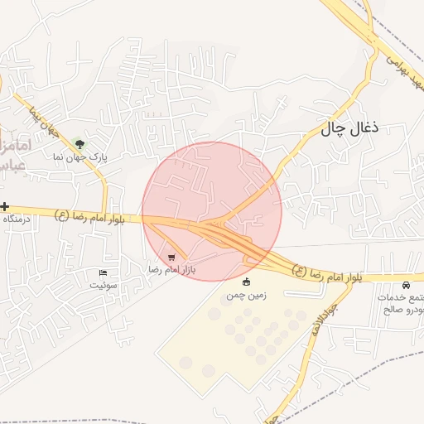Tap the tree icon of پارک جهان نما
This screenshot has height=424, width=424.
79,143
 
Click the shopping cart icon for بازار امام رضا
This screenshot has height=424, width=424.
171,258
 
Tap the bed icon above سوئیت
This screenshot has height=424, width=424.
103,272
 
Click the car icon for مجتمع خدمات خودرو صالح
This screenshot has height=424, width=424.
406,285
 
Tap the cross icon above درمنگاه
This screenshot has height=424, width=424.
5,206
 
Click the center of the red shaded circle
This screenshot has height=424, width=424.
212,211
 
